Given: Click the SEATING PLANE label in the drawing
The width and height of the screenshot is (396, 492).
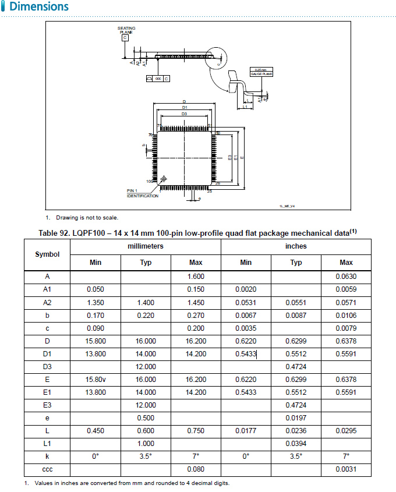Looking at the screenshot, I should (126, 30).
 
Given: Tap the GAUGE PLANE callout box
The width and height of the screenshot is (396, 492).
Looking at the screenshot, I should (261, 72).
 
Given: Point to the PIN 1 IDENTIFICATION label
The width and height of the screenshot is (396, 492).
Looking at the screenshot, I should (142, 193).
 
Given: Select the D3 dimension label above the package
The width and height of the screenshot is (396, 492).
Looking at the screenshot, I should (184, 114).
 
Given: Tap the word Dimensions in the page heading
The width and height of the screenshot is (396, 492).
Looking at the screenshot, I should (38, 7).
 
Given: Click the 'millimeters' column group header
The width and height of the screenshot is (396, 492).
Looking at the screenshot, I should (146, 246).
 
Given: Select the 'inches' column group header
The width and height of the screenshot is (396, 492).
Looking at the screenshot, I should (296, 246).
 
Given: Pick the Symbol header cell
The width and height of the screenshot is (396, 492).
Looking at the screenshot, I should (47, 254).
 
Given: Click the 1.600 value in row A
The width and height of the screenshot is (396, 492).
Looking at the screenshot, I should (196, 277).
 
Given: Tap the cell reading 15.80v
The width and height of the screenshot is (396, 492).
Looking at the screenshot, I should (96, 379).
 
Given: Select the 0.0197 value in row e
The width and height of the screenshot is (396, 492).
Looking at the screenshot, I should (296, 417).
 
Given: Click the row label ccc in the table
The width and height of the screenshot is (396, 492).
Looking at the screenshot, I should (47, 469).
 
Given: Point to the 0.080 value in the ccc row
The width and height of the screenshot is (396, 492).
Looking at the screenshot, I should (196, 469).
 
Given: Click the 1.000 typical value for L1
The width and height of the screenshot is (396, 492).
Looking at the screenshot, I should (146, 443).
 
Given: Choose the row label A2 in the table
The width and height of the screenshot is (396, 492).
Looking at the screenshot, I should (47, 302).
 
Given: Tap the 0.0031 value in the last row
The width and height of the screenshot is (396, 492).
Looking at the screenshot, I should (346, 469).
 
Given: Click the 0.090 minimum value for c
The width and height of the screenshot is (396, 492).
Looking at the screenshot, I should (96, 328).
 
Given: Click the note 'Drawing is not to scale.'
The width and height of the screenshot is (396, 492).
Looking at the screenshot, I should (87, 218).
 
